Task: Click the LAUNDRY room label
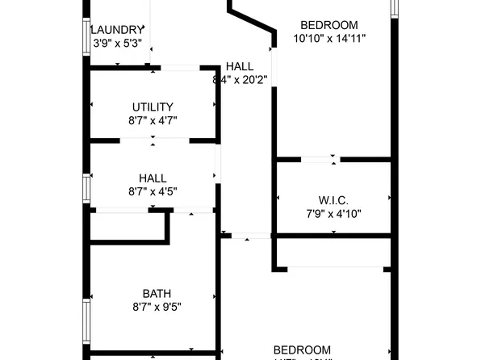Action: tap(118, 30)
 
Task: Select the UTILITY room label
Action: tap(153, 107)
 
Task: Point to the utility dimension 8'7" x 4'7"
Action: tap(153, 120)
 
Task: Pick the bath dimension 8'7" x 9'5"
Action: tap(153, 308)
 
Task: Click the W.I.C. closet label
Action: tap(333, 200)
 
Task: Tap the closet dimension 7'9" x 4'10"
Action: tap(333, 214)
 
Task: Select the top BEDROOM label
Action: tap(329, 24)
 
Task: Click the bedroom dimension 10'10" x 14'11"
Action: tap(329, 38)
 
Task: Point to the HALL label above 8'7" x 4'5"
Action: tap(153, 178)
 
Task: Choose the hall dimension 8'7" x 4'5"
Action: tap(153, 192)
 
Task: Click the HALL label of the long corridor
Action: tap(240, 66)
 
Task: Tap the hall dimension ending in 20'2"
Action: tap(240, 80)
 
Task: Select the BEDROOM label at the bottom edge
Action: tap(302, 350)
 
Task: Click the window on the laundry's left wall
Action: tap(87, 37)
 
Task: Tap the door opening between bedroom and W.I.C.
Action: tap(319, 160)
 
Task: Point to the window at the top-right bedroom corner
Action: tap(394, 7)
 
